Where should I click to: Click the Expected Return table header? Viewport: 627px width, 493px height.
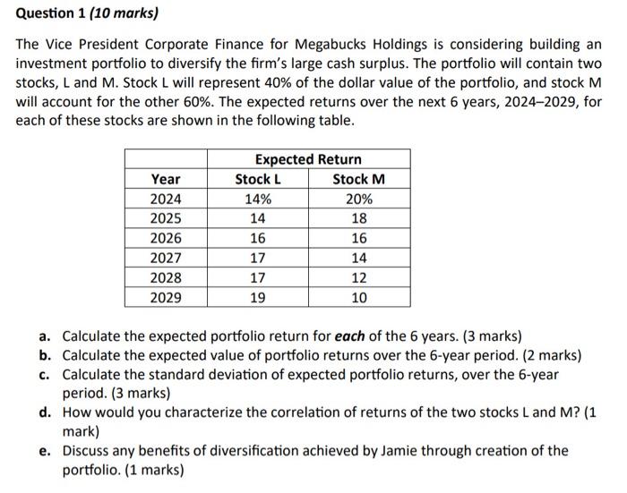click(308, 159)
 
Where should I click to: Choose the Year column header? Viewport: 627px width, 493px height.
click(166, 179)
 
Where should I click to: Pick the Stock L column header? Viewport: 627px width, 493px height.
click(258, 179)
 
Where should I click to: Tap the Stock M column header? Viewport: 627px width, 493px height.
click(358, 179)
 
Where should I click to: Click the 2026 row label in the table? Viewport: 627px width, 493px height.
click(166, 238)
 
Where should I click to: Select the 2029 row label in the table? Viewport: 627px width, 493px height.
click(166, 297)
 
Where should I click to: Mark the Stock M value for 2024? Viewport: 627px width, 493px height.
click(358, 199)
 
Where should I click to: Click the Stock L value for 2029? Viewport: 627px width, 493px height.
click(258, 297)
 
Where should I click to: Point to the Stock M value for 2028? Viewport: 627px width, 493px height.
click(358, 277)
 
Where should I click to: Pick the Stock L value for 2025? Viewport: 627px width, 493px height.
click(258, 218)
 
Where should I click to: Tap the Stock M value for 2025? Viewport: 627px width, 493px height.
click(358, 218)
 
